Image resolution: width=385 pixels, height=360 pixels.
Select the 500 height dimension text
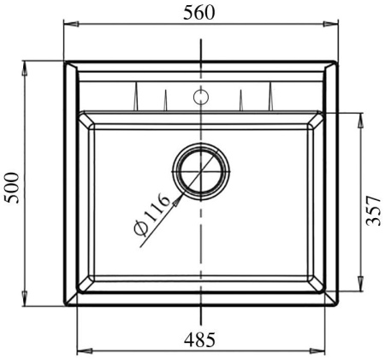(x=12, y=185)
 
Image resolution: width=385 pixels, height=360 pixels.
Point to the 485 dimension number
(x=200, y=339)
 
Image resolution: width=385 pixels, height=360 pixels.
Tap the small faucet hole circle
(x=200, y=96)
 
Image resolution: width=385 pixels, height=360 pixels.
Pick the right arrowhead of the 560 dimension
(x=334, y=27)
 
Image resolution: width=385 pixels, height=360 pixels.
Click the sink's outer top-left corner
(x=66, y=61)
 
